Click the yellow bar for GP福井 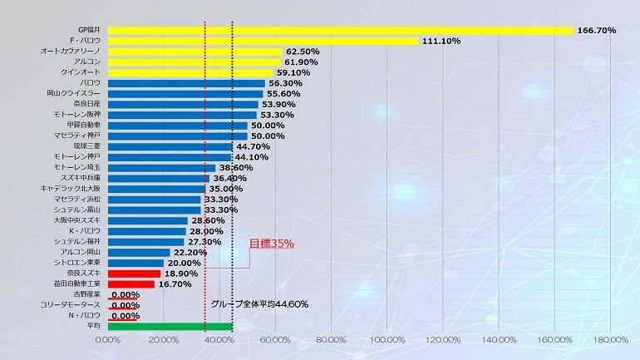[341, 31]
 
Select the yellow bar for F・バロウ [263, 41]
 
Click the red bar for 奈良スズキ [134, 273]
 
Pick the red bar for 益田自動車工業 [131, 284]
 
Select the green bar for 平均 [170, 326]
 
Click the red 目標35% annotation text [272, 244]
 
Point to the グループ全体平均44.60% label [259, 304]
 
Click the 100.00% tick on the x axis [387, 340]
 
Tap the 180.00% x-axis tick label [611, 340]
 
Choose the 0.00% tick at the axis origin [108, 340]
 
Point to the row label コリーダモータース [71, 305]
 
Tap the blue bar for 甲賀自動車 [178, 126]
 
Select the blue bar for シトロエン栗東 [135, 263]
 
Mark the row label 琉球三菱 [85, 146]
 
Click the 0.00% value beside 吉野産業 [125, 294]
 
